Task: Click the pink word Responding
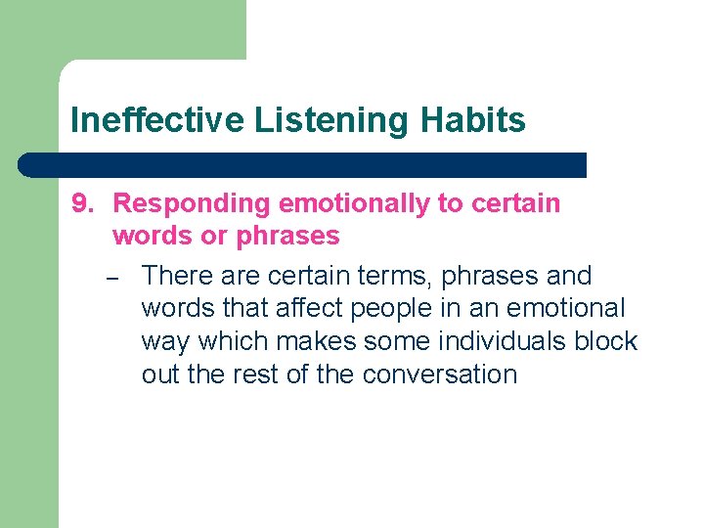click(192, 203)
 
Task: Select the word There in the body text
click(177, 276)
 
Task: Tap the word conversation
click(439, 374)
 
